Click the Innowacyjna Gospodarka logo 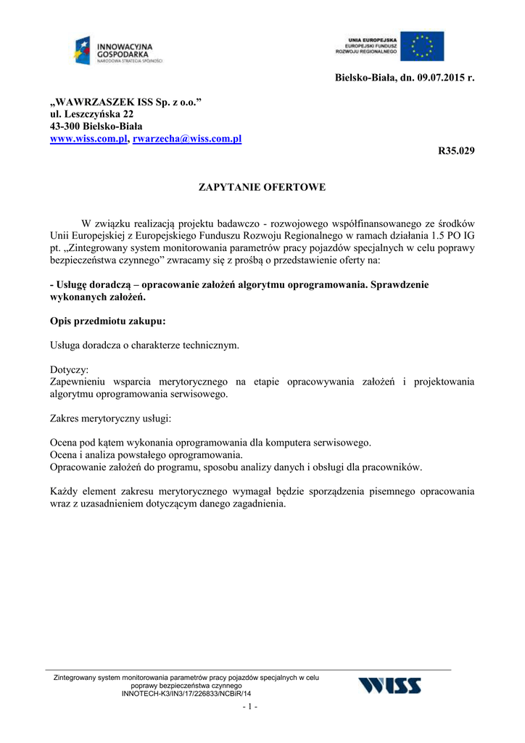[x=117, y=51]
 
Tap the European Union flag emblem [x=422, y=46]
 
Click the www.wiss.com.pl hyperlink [x=88, y=139]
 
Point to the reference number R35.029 [x=457, y=151]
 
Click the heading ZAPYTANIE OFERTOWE [x=262, y=187]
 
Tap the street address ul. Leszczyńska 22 [x=91, y=114]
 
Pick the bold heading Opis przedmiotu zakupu [x=107, y=321]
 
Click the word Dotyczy [x=69, y=369]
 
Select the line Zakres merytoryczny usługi [x=110, y=419]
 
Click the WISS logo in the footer [x=390, y=685]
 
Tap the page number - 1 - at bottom [x=251, y=707]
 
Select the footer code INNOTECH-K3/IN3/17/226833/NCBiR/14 [x=186, y=694]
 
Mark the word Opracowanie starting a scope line [x=80, y=467]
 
